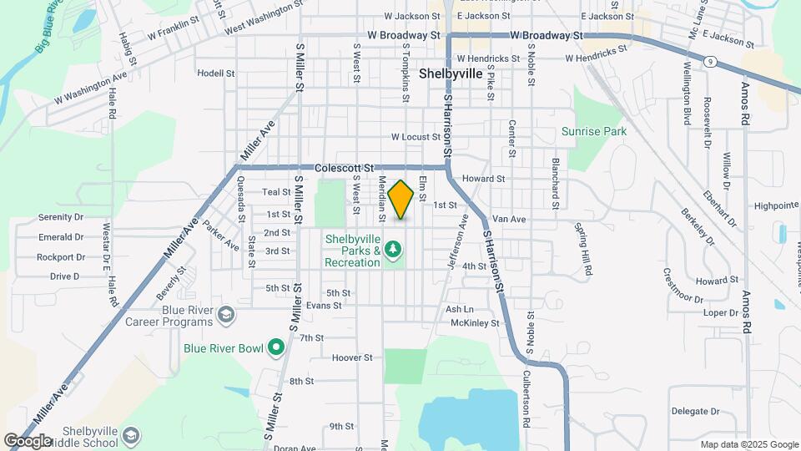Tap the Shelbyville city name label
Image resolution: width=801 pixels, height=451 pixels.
coord(451,73)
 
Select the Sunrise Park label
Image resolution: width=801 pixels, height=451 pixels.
coord(593,131)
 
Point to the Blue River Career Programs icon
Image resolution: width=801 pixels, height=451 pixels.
coord(225,315)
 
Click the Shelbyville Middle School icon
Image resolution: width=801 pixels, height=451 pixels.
coord(131,436)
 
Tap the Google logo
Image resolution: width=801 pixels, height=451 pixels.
coord(28,440)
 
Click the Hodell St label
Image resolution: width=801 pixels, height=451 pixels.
coord(216,73)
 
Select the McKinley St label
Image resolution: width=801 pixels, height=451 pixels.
coord(474,322)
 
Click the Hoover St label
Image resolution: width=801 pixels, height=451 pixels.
coord(351,357)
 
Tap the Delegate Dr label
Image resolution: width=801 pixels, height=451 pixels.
coord(695,411)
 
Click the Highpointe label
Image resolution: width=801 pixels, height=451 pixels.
coord(776,205)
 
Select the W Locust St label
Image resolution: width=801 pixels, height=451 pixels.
coord(416,137)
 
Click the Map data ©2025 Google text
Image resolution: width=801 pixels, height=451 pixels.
coord(749,444)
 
